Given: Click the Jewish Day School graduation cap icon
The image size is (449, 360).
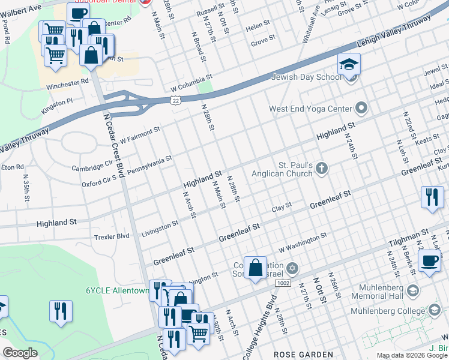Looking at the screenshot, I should (349, 64).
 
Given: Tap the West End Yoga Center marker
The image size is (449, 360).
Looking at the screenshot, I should (361, 109).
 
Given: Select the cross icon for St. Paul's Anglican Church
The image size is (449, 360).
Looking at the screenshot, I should (322, 169).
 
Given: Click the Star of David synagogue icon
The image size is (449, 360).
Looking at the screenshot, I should (292, 268).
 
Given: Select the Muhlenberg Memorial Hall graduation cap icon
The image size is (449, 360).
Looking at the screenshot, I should (412, 291).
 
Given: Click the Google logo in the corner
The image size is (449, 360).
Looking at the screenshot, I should (20, 353).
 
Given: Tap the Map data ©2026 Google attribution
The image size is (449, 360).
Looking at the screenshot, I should (411, 355).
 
